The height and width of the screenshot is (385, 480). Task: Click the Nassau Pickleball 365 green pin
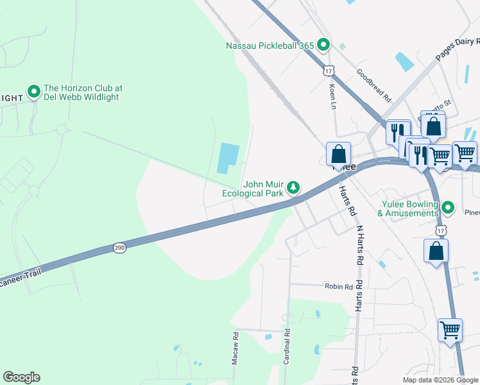pyautogui.click(x=324, y=45)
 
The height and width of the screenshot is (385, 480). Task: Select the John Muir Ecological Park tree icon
pyautogui.click(x=293, y=187)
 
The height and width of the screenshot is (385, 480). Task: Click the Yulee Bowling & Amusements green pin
pyautogui.click(x=449, y=207)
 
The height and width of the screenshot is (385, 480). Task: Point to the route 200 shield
pyautogui.click(x=119, y=248)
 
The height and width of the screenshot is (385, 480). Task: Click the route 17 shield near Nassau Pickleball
pyautogui.click(x=329, y=69)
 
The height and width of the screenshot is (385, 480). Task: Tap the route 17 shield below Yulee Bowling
pyautogui.click(x=440, y=229)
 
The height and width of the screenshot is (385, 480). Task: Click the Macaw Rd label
pyautogui.click(x=236, y=348)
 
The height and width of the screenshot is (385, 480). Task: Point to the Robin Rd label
pyautogui.click(x=339, y=287)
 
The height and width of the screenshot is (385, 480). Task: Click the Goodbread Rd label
pyautogui.click(x=374, y=86)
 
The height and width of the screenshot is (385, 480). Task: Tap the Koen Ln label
pyautogui.click(x=332, y=96)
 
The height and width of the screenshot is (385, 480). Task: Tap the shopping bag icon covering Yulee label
pyautogui.click(x=338, y=154)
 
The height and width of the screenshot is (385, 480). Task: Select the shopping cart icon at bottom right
pyautogui.click(x=450, y=330)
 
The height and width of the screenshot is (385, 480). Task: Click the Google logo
pyautogui.click(x=21, y=377)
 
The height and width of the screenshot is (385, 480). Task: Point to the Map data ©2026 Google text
pyautogui.click(x=440, y=380)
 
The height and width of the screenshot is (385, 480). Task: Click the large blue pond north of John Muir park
pyautogui.click(x=228, y=158)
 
